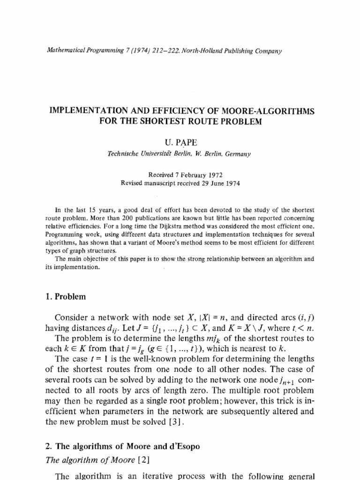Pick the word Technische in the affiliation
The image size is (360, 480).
point(123,153)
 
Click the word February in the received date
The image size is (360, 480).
point(179,175)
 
